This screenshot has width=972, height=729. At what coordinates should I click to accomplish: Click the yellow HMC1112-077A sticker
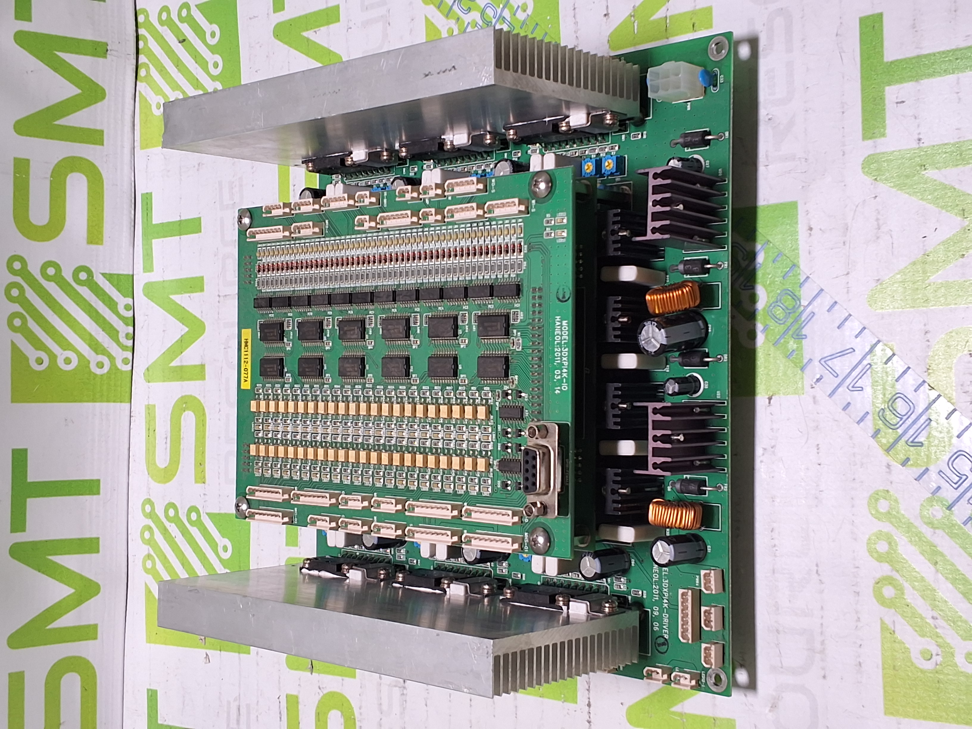(x=245, y=359)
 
